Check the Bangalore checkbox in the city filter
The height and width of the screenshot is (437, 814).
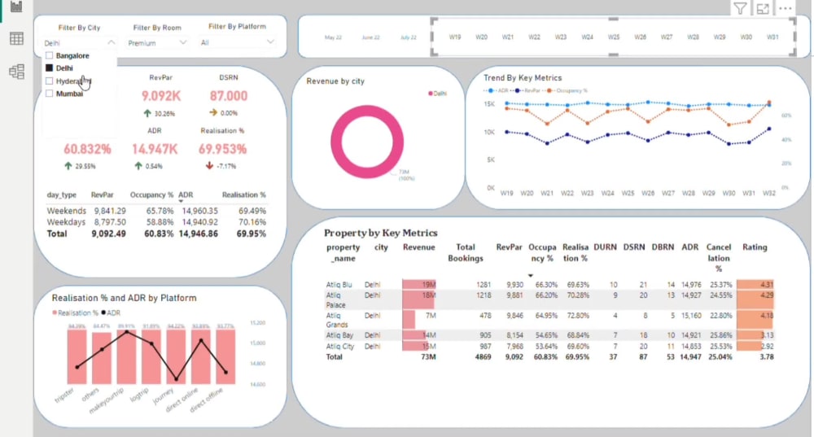click(50, 55)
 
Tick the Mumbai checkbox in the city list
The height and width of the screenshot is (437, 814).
click(50, 94)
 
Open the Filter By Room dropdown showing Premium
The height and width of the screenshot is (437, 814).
click(158, 42)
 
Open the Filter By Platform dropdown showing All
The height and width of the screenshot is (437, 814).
click(237, 42)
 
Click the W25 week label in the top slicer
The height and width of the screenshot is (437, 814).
click(614, 37)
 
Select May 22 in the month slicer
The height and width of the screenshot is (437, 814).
click(334, 37)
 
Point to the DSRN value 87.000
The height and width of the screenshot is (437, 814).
click(229, 96)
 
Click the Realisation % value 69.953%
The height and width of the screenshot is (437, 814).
click(222, 149)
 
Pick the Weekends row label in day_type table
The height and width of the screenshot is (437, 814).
click(67, 211)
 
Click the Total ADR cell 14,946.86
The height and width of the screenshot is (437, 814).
click(198, 234)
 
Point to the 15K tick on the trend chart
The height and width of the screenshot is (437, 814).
click(489, 104)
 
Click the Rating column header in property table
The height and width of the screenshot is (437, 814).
click(755, 247)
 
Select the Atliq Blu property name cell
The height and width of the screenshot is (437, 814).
click(339, 284)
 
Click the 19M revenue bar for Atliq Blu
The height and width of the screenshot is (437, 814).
click(419, 284)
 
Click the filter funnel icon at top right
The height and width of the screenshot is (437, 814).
click(740, 9)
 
